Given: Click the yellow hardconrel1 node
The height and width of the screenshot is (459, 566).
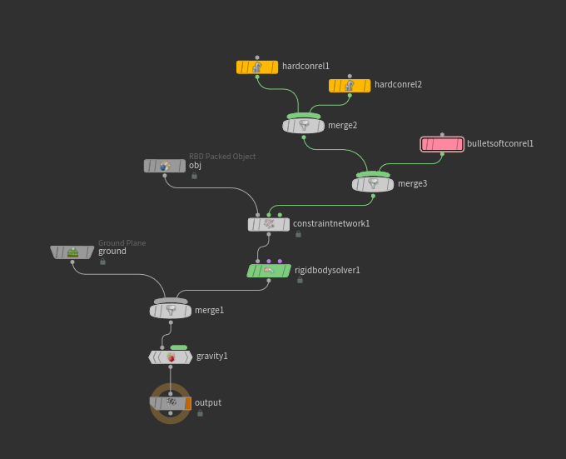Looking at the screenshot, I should tap(256, 67).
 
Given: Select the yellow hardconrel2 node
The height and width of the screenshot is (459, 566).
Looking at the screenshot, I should tap(350, 86).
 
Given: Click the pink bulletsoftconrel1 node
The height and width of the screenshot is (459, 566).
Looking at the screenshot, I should tap(442, 144).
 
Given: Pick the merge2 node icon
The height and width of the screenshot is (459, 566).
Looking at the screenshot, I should tap(305, 126).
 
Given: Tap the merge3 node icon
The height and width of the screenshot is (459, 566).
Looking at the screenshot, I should tap(374, 184).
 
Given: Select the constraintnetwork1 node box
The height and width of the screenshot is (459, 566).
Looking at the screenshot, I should tap(269, 224).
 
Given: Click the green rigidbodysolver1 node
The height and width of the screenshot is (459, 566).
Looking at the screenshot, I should tap(269, 271).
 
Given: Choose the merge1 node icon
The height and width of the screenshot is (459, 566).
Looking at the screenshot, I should tap(171, 311).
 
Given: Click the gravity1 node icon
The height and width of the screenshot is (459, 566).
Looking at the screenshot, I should tap(171, 357).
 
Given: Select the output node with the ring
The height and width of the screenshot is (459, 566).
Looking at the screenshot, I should tap(171, 403).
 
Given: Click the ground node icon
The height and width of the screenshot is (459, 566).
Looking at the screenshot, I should tap(72, 252).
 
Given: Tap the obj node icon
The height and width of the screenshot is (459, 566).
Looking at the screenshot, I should tap(165, 166).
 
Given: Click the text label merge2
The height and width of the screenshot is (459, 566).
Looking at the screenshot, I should tap(343, 126).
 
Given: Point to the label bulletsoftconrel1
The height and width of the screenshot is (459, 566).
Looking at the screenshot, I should tap(500, 144).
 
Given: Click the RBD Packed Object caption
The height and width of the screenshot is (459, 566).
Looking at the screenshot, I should tap(222, 157).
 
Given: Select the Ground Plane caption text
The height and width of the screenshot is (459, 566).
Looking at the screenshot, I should tap(122, 243).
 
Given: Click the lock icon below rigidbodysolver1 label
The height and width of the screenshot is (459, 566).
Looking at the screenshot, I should tap(300, 281).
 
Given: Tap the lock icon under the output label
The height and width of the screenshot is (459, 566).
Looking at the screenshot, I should tap(200, 413).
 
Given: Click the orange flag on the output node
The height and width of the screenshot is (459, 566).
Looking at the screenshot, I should tap(188, 403).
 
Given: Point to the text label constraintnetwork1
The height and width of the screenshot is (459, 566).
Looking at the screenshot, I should tap(331, 224).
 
